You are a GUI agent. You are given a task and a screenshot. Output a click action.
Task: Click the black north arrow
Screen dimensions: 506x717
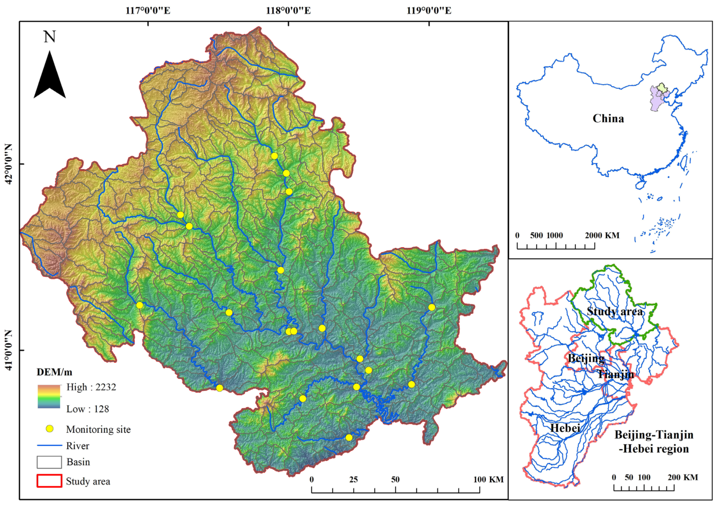50,77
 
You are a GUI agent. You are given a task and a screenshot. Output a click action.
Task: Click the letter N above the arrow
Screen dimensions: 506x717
50,37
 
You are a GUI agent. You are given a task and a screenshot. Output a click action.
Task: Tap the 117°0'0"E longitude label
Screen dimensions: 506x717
148,11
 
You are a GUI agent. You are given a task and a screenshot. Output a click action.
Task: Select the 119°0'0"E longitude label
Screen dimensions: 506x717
429,11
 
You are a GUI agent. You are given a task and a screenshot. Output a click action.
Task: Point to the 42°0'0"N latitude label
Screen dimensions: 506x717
8,164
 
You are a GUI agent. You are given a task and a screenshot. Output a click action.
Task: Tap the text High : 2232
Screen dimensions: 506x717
91,387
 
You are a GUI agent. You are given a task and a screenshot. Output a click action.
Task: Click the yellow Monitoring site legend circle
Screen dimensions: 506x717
49,429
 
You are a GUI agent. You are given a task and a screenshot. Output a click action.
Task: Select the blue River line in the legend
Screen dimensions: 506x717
49,446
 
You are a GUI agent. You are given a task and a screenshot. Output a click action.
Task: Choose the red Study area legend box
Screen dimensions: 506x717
49,481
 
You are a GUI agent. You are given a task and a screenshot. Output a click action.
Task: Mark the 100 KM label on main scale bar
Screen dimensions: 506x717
488,479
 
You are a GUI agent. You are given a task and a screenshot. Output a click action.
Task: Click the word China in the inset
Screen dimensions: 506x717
608,119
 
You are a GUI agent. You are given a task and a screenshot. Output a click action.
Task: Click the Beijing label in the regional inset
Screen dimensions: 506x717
586,358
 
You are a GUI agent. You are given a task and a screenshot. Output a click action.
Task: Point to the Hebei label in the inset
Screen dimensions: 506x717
565,428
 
